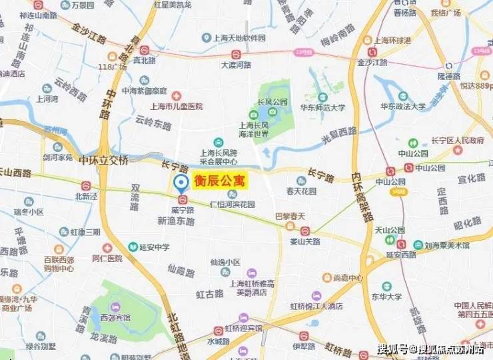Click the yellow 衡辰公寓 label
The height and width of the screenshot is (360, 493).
[220, 181]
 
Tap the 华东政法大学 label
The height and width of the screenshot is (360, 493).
[402, 107]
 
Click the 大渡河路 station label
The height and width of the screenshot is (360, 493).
[236, 65]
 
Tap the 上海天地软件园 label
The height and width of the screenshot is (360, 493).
[239, 38]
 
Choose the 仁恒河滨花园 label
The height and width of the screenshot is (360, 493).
[233, 205]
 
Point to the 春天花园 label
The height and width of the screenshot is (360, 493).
[300, 191]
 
